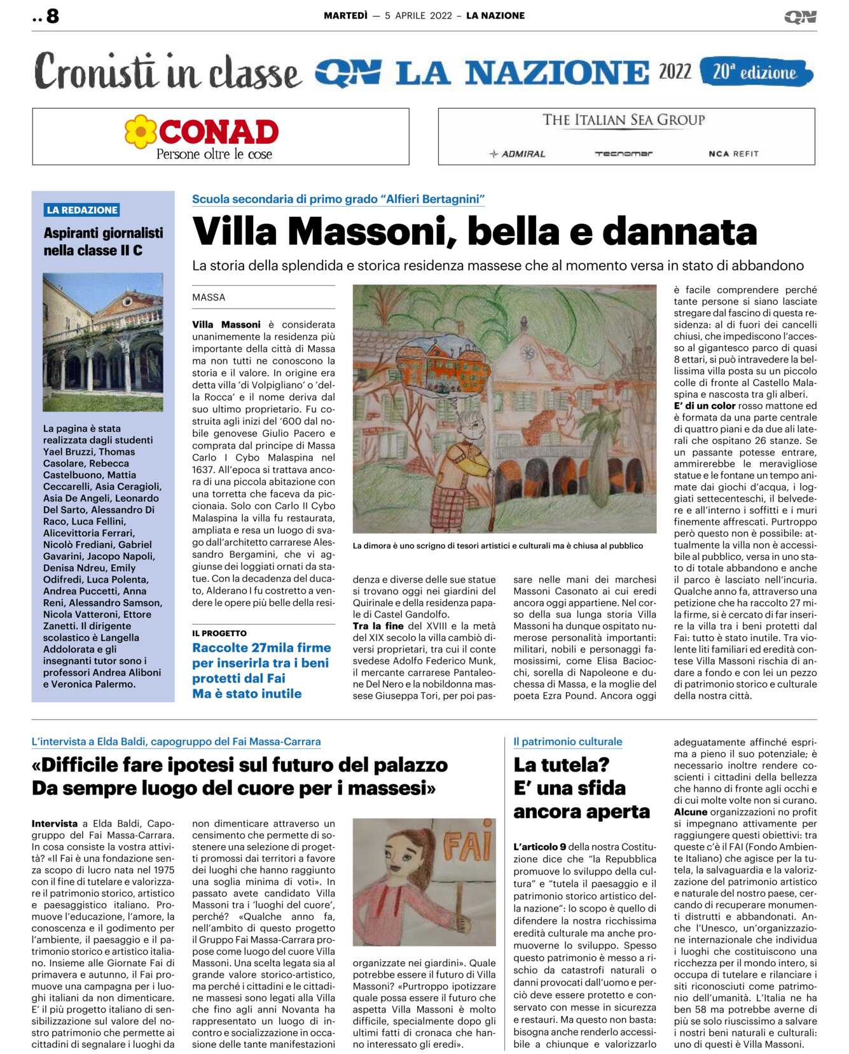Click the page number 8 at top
click(x=52, y=16)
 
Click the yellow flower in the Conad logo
click(x=141, y=132)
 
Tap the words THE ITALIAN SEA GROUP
click(x=623, y=120)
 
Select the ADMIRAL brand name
click(x=518, y=154)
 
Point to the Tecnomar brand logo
click(x=623, y=154)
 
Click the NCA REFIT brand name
click(x=733, y=154)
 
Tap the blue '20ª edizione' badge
click(x=756, y=72)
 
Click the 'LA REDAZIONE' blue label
click(x=82, y=210)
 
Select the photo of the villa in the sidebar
click(x=103, y=342)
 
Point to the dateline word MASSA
click(x=209, y=297)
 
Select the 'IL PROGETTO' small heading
click(x=219, y=633)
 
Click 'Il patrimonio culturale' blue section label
click(x=567, y=742)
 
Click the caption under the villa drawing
click(x=497, y=546)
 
